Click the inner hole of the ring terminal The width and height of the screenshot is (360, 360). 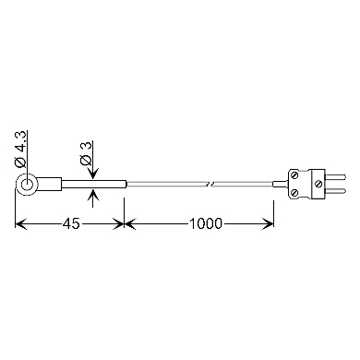[27, 185]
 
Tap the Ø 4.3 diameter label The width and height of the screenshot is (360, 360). [20, 149]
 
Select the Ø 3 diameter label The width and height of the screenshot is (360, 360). [86, 153]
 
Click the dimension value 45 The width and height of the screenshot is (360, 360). [71, 223]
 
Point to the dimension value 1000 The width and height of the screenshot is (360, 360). [205, 223]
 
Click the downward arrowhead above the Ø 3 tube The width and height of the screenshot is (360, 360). [93, 174]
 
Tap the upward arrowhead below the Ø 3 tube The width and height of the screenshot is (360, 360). [93, 195]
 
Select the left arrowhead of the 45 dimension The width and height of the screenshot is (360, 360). [21, 223]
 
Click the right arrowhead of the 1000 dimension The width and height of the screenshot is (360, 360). [268, 223]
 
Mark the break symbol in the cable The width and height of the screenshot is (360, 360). [210, 185]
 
